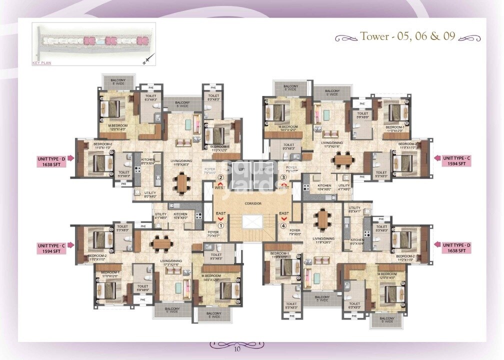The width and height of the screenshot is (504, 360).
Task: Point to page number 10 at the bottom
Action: pyautogui.click(x=237, y=349)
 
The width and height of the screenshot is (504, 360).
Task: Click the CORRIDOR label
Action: pyautogui.click(x=252, y=204)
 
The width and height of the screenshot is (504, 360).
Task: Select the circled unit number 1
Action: pyautogui.click(x=220, y=225)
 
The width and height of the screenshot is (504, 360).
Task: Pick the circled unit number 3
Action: pyautogui.click(x=283, y=177)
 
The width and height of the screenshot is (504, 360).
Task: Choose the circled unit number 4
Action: pyautogui.click(x=284, y=225)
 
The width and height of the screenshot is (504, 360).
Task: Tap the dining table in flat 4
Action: pyautogui.click(x=323, y=218)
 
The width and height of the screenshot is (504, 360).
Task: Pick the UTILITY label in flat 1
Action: pyautogui.click(x=160, y=216)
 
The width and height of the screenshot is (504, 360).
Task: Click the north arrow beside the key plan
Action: pyautogui.click(x=146, y=61)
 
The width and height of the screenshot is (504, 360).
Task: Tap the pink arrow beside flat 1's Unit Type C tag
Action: pyautogui.click(x=71, y=245)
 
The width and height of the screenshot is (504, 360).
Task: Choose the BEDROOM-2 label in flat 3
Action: pyautogui.click(x=407, y=145)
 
